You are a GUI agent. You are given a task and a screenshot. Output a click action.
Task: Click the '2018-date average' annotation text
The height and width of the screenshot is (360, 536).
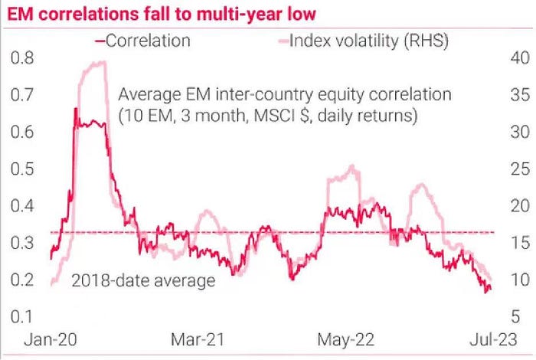(x=143, y=280)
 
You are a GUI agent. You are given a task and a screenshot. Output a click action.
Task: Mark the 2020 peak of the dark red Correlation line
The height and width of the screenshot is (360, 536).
(x=75, y=110)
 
